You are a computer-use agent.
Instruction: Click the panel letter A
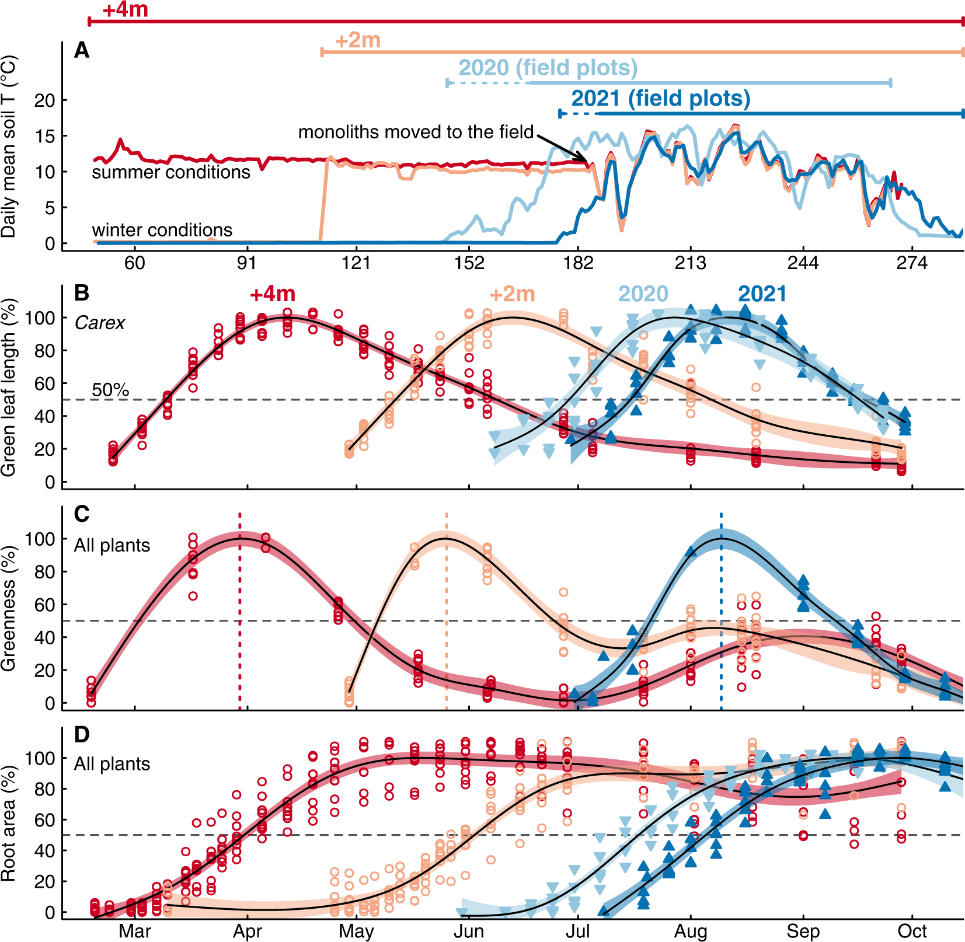point(82,51)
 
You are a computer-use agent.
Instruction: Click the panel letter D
point(82,734)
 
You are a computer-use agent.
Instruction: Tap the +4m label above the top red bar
point(125,10)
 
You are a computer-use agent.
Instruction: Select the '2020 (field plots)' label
point(548,68)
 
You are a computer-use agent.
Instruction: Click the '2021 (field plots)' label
point(660,98)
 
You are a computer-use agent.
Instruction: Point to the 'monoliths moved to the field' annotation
point(416,132)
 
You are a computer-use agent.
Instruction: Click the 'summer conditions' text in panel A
point(170,172)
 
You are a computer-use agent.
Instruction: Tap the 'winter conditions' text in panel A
point(162,230)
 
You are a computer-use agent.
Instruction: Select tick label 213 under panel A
point(690,263)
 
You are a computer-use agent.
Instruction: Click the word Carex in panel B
point(100,323)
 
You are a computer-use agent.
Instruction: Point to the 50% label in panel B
point(110,390)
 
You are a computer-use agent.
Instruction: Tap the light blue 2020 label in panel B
point(643,294)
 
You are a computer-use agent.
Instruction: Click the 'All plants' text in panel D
point(112,764)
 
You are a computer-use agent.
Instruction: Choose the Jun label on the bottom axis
point(469,931)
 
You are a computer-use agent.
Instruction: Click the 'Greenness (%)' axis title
point(8,608)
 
